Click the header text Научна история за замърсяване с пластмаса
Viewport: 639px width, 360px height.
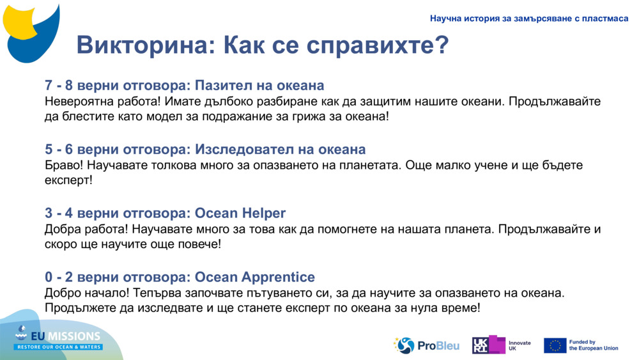(x=529, y=19)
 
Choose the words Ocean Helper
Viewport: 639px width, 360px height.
(x=240, y=214)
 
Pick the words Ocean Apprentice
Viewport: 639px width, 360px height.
(x=255, y=278)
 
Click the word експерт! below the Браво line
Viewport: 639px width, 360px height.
(x=68, y=181)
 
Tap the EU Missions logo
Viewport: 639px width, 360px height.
(x=59, y=339)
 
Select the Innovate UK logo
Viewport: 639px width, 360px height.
(x=502, y=345)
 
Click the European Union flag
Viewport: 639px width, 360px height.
(x=555, y=345)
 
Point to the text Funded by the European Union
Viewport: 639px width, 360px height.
(x=594, y=345)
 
